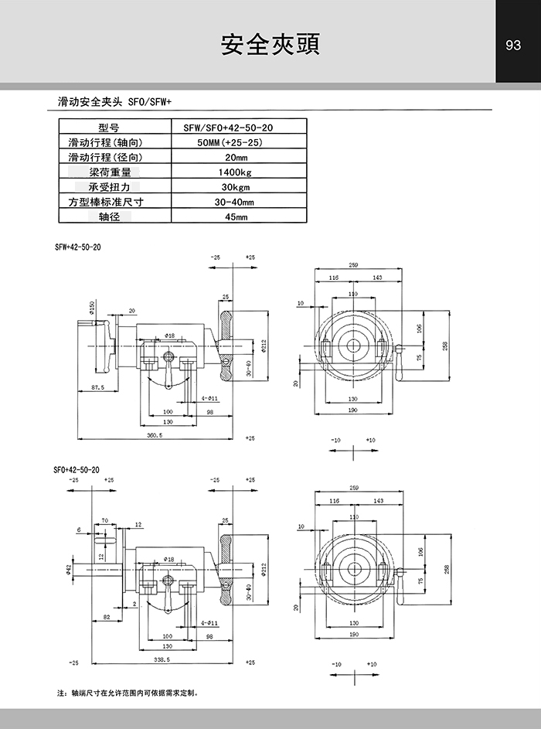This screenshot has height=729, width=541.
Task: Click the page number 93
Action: click(513, 45)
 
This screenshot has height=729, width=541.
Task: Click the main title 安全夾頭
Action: click(270, 44)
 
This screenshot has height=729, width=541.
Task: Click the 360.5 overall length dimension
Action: click(155, 436)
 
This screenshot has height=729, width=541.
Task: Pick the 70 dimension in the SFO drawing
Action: click(104, 521)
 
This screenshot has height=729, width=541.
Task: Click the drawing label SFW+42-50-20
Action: click(78, 247)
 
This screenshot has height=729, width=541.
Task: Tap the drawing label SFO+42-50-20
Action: click(77, 469)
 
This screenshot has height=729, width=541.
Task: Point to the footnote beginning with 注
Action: click(128, 693)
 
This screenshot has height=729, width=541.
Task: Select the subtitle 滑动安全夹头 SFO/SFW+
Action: click(114, 101)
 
